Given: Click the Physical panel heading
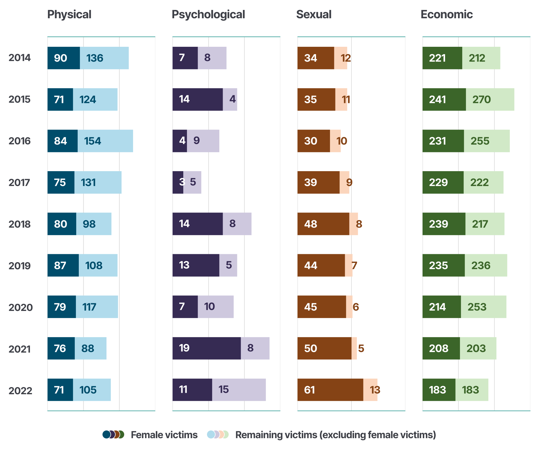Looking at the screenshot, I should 69,15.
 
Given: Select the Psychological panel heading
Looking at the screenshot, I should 208,15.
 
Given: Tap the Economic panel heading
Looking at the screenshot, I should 447,15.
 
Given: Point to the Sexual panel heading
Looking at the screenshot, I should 314,15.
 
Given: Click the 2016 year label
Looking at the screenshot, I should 19,141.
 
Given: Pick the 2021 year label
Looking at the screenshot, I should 19,349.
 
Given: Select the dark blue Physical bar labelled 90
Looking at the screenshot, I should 64,58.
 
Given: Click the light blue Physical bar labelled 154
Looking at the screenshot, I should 105,141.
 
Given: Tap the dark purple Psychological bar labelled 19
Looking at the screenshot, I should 206,348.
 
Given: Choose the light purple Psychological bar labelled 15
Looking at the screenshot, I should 239,390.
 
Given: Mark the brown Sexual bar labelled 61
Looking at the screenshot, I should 330,390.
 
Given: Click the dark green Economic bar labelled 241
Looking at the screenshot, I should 444,99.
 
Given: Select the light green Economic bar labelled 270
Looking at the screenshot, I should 490,99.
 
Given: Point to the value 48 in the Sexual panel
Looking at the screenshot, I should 311,224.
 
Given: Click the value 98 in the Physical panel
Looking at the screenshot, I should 89,224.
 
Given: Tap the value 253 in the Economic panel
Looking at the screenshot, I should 477,307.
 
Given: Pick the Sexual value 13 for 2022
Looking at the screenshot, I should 375,390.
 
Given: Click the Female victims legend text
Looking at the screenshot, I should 164,435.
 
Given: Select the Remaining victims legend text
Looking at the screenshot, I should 335,435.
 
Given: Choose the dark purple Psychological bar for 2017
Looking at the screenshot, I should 178,182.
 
